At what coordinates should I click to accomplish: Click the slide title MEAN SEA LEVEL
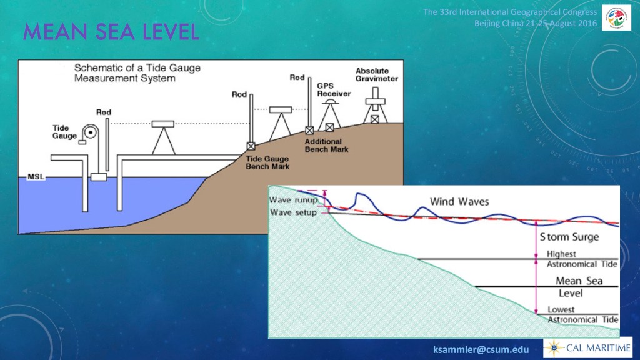111,32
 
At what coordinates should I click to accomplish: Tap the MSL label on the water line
36,177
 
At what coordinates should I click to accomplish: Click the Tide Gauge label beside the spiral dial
64,132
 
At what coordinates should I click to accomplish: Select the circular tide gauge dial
90,132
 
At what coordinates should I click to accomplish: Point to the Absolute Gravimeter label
376,75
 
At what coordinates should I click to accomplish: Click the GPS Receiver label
334,89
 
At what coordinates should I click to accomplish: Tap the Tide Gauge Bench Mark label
267,162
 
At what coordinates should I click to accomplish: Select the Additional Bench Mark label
326,145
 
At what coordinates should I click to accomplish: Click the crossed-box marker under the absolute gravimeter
375,119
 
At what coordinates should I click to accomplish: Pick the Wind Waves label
459,202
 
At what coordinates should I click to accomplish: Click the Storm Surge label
569,237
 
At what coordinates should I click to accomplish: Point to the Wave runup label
293,200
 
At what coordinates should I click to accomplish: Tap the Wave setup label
293,212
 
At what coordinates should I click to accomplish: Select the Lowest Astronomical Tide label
583,315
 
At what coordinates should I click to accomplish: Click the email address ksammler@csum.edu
481,350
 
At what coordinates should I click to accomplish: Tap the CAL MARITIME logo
587,348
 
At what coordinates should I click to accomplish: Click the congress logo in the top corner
616,17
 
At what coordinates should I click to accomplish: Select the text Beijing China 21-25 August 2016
536,23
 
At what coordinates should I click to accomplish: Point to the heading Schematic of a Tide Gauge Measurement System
137,73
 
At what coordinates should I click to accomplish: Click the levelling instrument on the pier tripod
163,124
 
